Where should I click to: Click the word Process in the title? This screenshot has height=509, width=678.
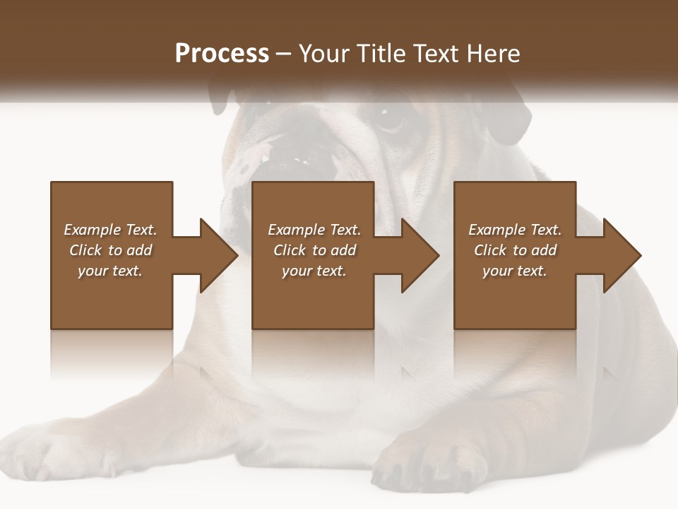click(222, 54)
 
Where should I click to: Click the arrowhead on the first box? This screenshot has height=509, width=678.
click(215, 255)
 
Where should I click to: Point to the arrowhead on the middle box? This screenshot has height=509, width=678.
click(417, 255)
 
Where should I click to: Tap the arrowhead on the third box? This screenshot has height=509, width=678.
click(619, 255)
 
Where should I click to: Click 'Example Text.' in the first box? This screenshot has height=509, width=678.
click(110, 230)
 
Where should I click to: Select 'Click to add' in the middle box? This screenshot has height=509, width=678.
click(314, 250)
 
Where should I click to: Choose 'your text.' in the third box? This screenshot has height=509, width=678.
click(514, 271)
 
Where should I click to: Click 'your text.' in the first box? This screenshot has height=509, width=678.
click(110, 271)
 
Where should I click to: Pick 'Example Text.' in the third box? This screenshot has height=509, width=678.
click(514, 230)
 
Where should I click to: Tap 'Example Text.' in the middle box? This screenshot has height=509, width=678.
click(314, 230)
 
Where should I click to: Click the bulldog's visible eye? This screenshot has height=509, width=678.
click(388, 119)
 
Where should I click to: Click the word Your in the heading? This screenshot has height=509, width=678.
click(324, 54)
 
